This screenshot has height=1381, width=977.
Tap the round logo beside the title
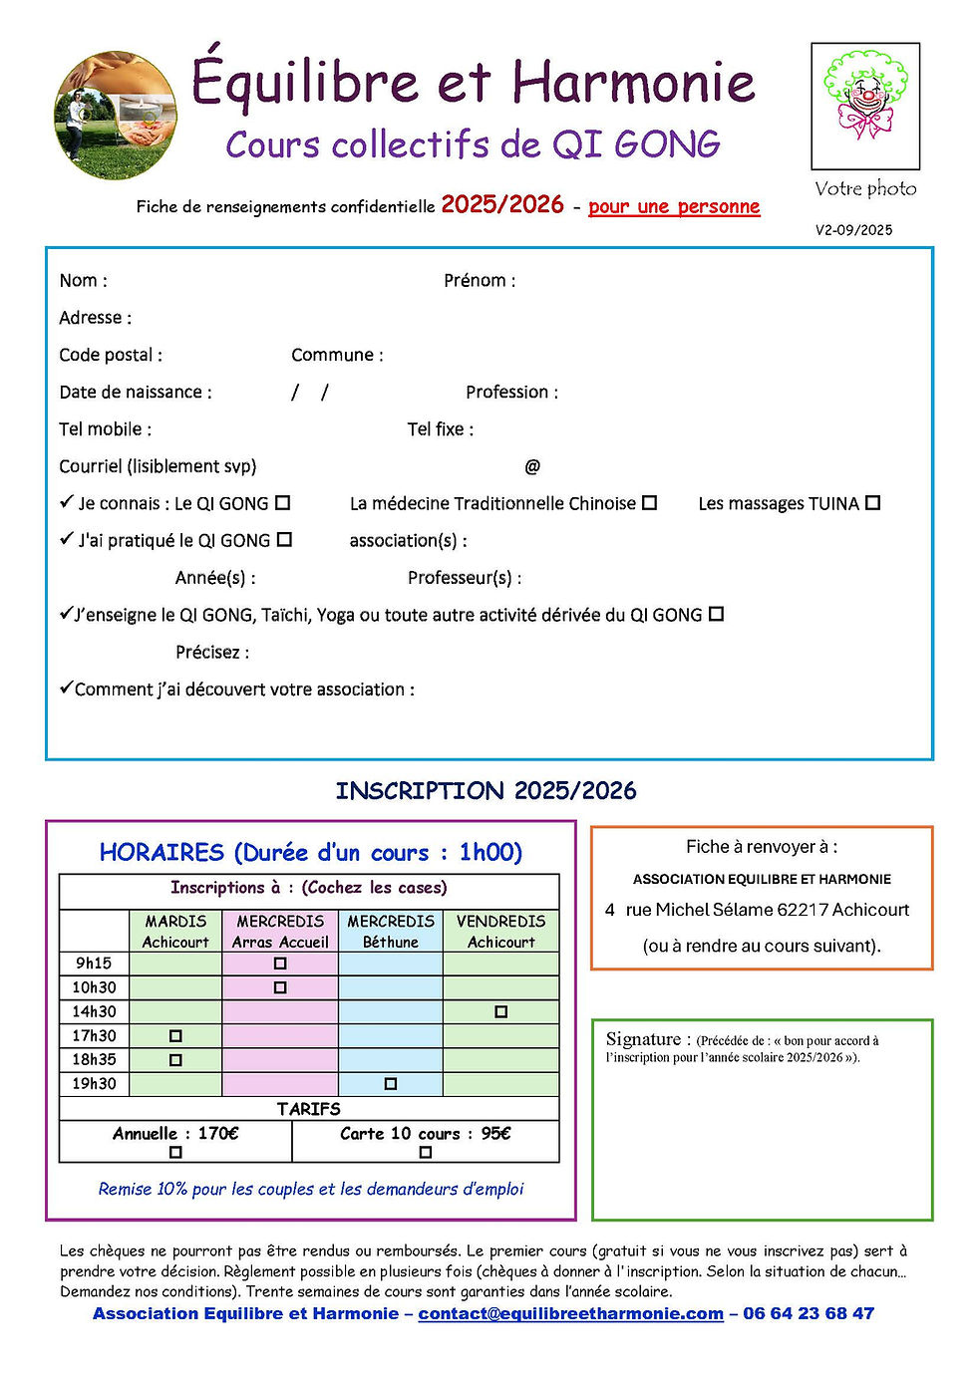[x=116, y=116]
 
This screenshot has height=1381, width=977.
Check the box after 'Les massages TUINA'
[x=872, y=503]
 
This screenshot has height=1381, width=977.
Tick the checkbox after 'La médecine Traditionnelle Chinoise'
[x=649, y=503]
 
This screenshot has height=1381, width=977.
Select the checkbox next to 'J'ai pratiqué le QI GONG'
[x=284, y=540]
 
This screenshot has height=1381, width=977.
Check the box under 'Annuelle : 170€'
[x=175, y=1152]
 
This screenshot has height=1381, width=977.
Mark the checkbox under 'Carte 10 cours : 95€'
[x=426, y=1152]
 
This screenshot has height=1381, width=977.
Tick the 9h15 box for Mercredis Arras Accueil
[x=280, y=964]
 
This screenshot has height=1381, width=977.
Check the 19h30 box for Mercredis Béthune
[x=391, y=1083]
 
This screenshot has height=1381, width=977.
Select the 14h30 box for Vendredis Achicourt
[x=501, y=1011]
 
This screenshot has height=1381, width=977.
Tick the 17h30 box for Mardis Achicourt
[x=175, y=1035]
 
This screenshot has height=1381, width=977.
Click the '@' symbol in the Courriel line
[x=532, y=466]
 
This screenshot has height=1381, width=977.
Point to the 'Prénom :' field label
[x=480, y=281]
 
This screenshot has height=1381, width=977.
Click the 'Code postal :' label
[x=111, y=355]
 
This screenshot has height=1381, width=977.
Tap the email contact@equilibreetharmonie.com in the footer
[x=570, y=1313]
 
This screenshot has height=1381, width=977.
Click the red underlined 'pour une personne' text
[x=674, y=206]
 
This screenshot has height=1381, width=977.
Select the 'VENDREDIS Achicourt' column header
[x=501, y=932]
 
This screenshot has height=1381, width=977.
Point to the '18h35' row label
[x=94, y=1059]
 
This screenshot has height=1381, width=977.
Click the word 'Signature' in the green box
[x=643, y=1039]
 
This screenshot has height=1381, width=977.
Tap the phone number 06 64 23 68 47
[x=809, y=1313]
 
